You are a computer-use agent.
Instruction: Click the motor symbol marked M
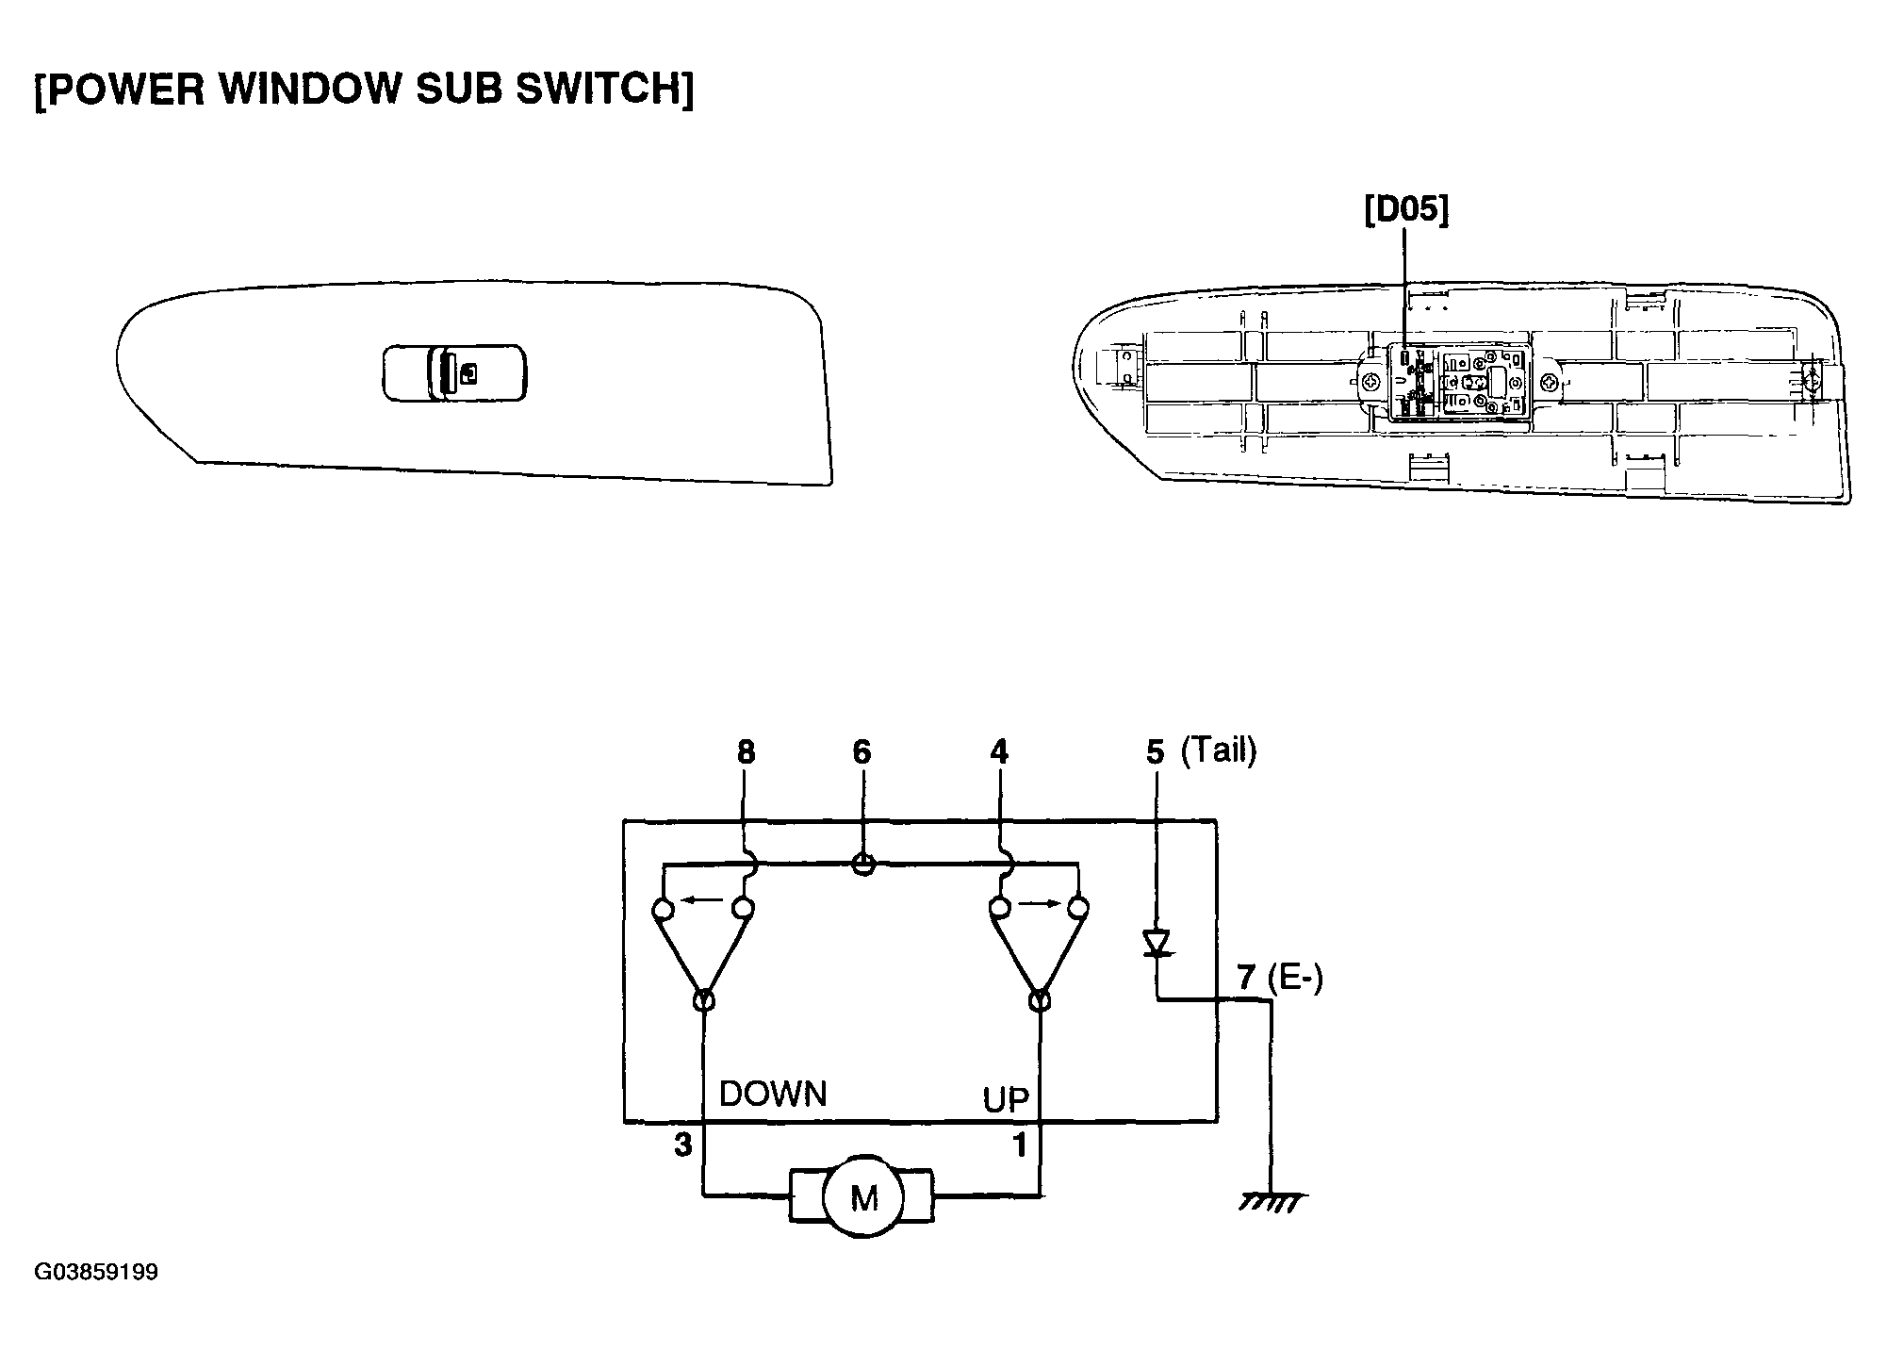[x=862, y=1196]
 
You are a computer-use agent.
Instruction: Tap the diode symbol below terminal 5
[x=1156, y=944]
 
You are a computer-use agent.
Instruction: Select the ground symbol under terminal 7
[x=1272, y=1200]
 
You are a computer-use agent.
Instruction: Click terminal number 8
[x=746, y=751]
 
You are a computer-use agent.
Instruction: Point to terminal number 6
[x=861, y=751]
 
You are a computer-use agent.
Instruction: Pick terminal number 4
[x=999, y=751]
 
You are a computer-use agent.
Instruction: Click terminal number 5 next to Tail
[x=1156, y=751]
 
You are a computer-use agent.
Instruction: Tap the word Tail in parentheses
[x=1219, y=750]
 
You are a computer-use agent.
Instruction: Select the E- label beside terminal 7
[x=1296, y=979]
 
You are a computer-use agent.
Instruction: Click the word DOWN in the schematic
[x=773, y=1094]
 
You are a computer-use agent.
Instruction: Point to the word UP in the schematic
[x=1007, y=1099]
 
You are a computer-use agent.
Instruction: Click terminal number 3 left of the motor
[x=683, y=1145]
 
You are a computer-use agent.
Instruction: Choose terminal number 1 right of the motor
[x=1019, y=1145]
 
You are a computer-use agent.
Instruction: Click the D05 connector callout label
[x=1406, y=210]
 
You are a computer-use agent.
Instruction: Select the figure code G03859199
[x=96, y=1273]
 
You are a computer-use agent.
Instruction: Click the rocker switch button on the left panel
[x=454, y=375]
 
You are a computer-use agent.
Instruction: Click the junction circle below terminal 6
[x=862, y=864]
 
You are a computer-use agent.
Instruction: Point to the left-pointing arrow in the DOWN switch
[x=701, y=900]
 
